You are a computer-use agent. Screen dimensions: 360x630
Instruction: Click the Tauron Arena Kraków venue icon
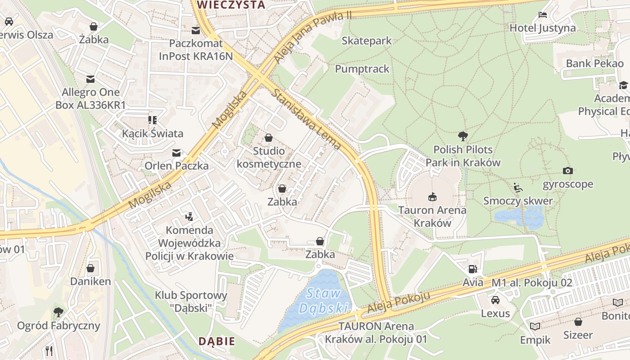[x=432, y=196]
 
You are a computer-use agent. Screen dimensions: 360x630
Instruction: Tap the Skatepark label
[x=366, y=41]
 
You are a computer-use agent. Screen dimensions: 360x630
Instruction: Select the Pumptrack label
[x=362, y=69]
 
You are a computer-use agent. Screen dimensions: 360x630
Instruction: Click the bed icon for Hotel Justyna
[x=542, y=15]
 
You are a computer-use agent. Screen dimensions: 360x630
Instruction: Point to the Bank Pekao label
[x=594, y=63]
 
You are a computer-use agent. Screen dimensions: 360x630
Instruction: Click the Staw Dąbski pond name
[x=324, y=301]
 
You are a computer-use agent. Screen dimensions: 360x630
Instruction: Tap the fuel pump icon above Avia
[x=472, y=269]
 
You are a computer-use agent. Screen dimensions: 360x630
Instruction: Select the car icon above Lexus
[x=495, y=300]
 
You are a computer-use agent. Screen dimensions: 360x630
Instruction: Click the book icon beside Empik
[x=535, y=326]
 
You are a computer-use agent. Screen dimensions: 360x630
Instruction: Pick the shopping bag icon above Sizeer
[x=578, y=322]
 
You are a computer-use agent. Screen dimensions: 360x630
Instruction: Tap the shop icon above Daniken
[x=90, y=268]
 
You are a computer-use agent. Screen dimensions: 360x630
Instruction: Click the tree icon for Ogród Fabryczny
[x=58, y=311]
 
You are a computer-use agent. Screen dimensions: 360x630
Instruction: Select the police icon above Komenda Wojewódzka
[x=189, y=216]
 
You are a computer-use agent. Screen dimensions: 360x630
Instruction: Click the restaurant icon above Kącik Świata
[x=153, y=120]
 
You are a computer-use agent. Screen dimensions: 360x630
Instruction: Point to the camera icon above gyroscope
[x=567, y=171]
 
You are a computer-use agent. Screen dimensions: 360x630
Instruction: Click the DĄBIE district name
[x=217, y=341]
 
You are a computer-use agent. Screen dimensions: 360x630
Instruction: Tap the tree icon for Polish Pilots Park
[x=463, y=136]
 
